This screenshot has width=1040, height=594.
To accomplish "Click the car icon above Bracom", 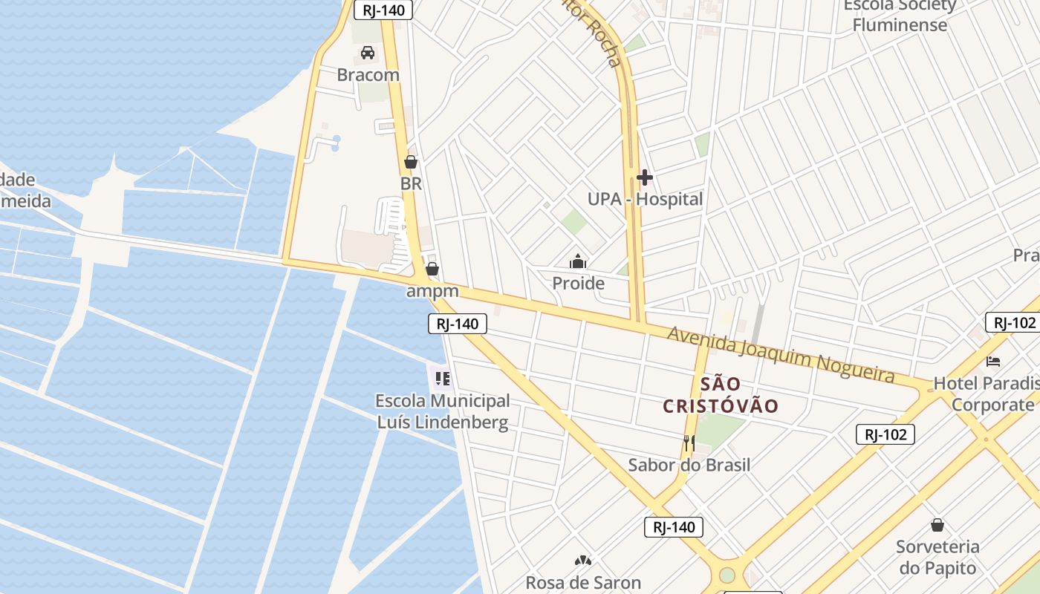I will click(367, 53).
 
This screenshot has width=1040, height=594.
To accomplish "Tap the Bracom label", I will click(368, 75).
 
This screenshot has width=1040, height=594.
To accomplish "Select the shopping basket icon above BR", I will click(411, 161).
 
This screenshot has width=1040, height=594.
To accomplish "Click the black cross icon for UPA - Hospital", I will click(644, 177).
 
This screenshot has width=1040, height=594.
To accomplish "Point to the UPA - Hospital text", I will click(645, 199).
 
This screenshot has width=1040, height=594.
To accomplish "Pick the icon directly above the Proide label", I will click(578, 261).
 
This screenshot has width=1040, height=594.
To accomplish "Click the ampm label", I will click(432, 291).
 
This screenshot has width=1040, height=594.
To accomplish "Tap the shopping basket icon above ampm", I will click(432, 269).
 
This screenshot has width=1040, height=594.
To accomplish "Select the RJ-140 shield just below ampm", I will click(458, 324).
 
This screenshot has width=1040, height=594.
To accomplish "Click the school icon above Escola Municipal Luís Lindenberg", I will click(443, 379).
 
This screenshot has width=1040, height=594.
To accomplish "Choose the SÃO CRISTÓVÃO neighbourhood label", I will click(721, 395).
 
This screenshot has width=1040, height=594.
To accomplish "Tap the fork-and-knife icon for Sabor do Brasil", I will click(689, 443).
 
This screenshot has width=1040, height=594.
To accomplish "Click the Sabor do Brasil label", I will click(689, 465).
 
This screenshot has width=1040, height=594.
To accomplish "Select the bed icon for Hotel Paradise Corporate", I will click(993, 362).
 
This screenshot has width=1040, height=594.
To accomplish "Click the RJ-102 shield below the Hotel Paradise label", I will click(885, 434).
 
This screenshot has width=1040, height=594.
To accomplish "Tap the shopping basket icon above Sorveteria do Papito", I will click(937, 525).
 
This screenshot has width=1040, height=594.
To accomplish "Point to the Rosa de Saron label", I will click(583, 583).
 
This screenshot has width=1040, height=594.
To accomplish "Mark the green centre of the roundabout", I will click(727, 575).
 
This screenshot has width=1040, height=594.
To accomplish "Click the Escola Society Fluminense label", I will click(900, 15).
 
